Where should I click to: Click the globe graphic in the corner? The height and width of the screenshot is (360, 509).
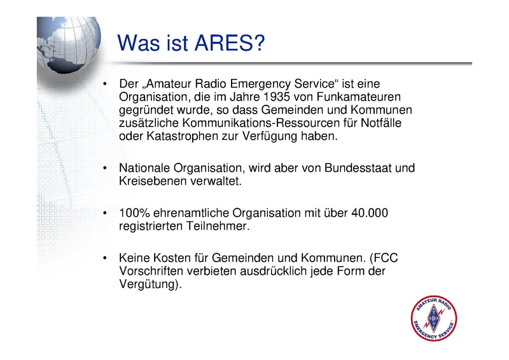(69, 45)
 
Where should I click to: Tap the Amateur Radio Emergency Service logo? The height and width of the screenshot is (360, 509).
(434, 318)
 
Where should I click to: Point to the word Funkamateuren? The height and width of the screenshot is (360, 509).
(359, 97)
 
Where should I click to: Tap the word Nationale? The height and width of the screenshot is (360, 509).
(144, 168)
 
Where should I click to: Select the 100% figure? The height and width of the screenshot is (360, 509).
(134, 213)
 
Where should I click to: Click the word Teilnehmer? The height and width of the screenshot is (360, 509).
(218, 226)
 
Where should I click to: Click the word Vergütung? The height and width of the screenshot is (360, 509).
(148, 284)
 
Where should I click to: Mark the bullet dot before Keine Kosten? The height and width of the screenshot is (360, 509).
(104, 258)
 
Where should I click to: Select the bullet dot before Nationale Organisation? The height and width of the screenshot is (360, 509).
(104, 168)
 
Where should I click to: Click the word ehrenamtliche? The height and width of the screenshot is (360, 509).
(191, 213)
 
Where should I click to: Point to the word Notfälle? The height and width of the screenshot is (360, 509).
(381, 123)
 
